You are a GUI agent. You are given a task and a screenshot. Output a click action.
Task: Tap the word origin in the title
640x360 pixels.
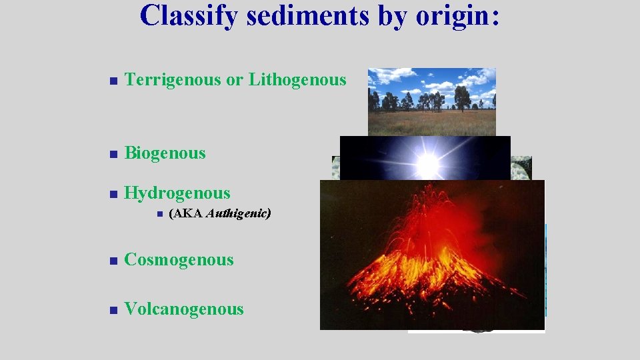coord(453,16)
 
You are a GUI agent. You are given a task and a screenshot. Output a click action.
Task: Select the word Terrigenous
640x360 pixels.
coord(173,80)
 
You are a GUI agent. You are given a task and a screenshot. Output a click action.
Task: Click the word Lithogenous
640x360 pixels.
coord(297,80)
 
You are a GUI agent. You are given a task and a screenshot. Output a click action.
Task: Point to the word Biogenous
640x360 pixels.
coord(165,153)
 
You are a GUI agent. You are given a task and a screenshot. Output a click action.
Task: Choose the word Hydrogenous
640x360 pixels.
coord(177,193)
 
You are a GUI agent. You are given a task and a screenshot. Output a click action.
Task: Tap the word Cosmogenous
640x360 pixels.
coord(179,260)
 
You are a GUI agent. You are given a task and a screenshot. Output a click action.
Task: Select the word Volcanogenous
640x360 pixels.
coord(184,309)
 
